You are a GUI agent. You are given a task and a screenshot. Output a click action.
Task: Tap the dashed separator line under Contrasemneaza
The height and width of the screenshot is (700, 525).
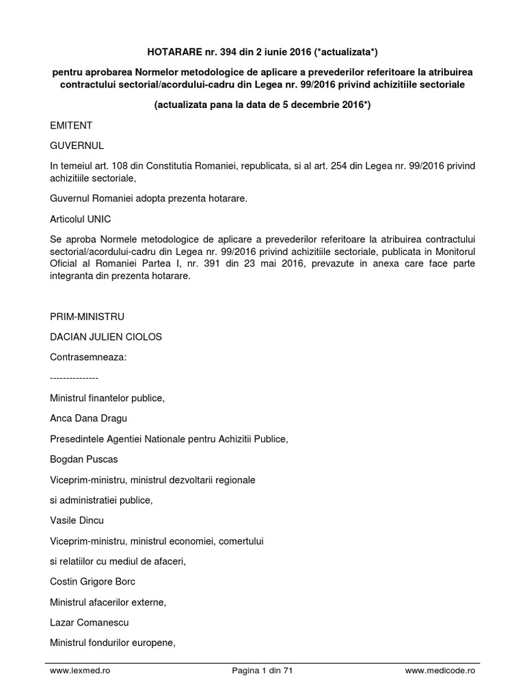pos(74,377)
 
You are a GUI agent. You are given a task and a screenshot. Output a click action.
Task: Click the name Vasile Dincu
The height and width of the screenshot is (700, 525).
pos(77,520)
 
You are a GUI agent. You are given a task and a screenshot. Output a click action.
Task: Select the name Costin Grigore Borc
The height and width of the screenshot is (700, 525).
pos(92,582)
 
